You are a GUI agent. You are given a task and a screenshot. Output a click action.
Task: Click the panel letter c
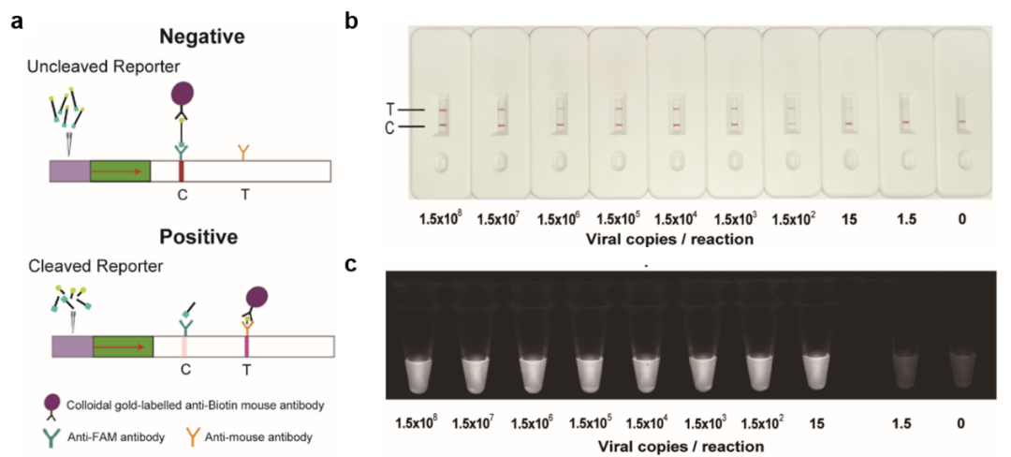coord(353,265)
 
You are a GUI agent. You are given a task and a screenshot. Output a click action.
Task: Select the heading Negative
coord(202,37)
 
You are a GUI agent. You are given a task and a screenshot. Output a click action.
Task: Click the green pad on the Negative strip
coord(120,170)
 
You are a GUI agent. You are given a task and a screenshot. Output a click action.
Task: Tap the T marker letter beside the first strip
coord(391,111)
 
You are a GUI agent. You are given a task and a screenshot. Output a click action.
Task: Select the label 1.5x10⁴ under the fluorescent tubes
coord(651,424)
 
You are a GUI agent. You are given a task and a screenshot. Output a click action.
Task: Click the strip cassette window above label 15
coord(848,114)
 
